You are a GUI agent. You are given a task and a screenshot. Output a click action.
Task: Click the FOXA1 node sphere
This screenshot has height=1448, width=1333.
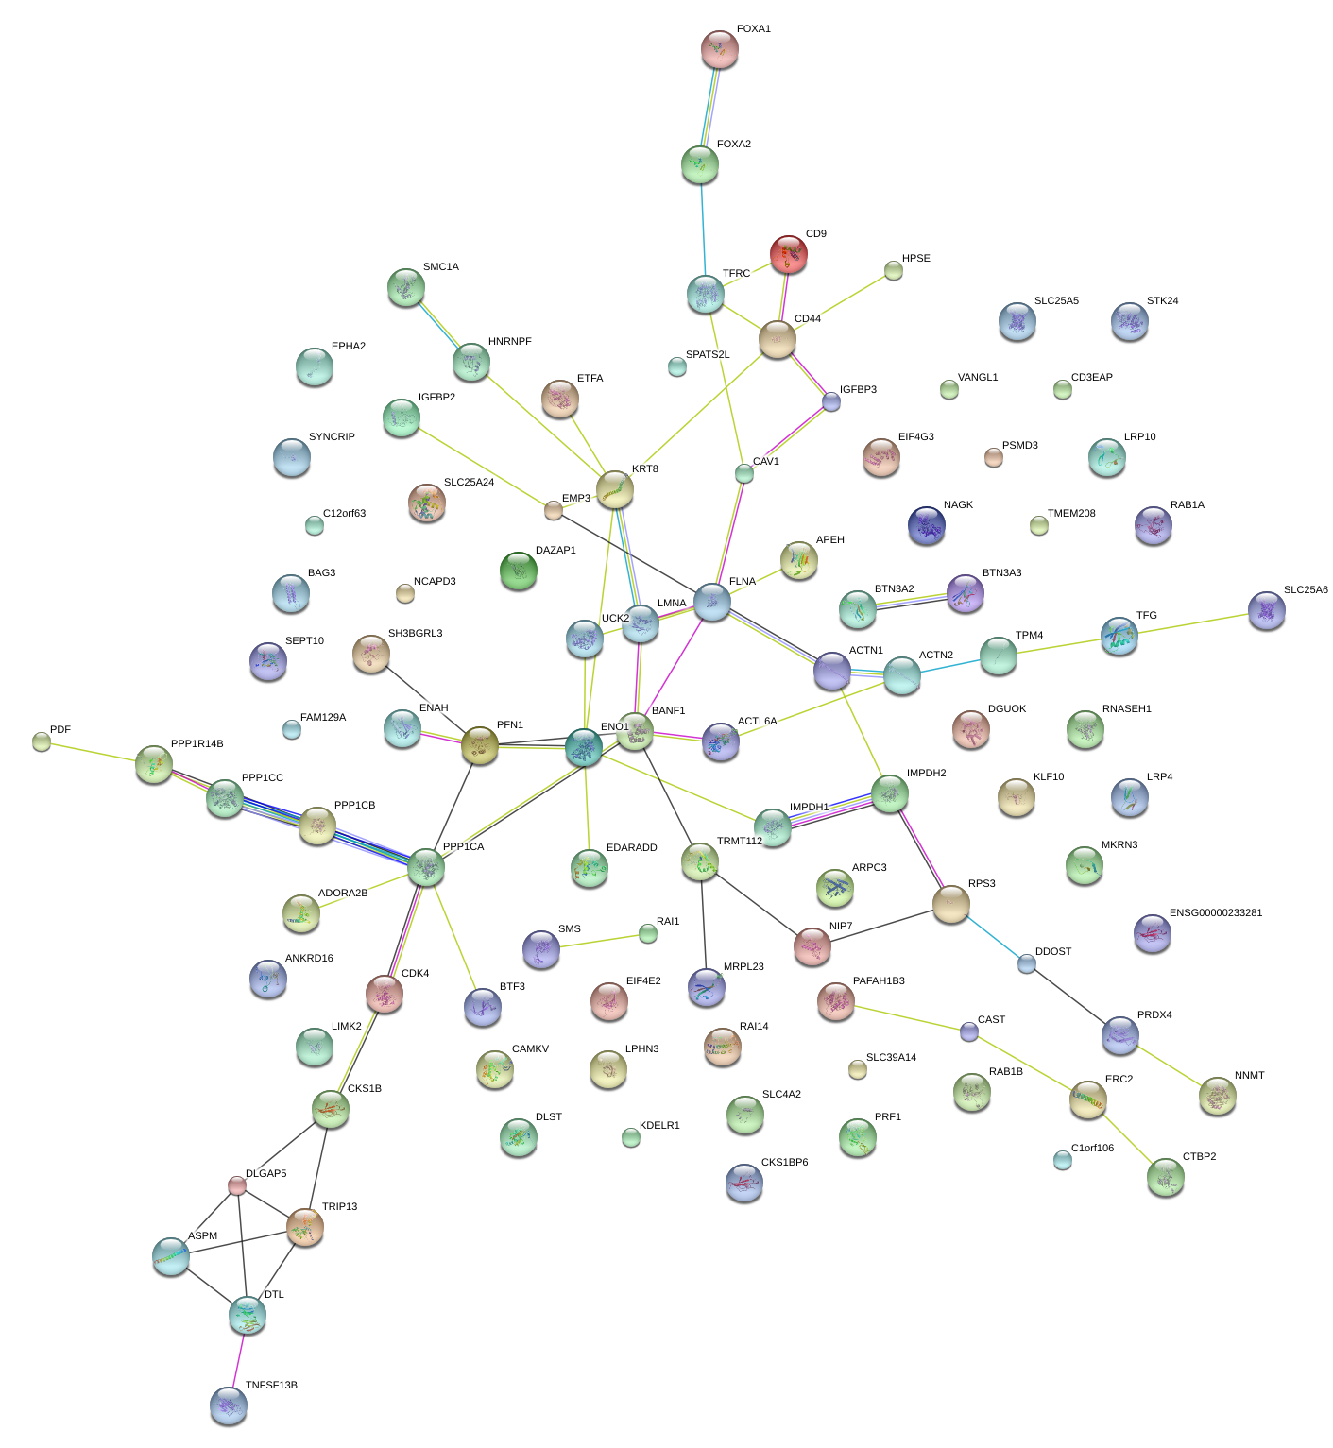coord(719,49)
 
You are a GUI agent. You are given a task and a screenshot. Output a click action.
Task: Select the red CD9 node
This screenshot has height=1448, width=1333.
coord(788,254)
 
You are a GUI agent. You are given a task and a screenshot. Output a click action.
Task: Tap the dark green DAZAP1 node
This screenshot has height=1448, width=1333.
coord(518,571)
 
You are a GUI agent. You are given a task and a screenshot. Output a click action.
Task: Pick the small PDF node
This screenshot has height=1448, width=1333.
coord(42,741)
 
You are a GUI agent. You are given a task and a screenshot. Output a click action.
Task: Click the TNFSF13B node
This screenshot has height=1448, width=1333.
coord(228,1405)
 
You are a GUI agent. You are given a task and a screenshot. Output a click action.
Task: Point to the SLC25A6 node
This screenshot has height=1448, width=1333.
coord(1266,610)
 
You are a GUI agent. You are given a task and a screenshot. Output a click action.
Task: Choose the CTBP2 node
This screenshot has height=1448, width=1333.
coord(1165,1177)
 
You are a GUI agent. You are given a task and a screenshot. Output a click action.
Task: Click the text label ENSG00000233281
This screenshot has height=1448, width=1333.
coord(1215,913)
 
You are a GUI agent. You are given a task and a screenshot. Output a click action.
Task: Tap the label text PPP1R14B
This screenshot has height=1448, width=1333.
coord(197,744)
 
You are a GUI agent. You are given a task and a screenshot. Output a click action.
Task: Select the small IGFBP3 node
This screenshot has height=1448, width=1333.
coord(830,401)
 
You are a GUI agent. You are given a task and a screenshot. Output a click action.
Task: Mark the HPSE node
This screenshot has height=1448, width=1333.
coord(893,271)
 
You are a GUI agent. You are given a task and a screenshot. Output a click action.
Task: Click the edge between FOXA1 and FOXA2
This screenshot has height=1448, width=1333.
coord(709,107)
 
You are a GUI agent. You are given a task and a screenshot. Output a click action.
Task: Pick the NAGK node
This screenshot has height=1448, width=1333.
coord(926,525)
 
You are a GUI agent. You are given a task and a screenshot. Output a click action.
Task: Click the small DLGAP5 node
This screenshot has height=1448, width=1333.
coord(237,1185)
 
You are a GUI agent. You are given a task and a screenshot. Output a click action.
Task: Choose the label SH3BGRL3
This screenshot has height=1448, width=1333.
coord(415,634)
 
